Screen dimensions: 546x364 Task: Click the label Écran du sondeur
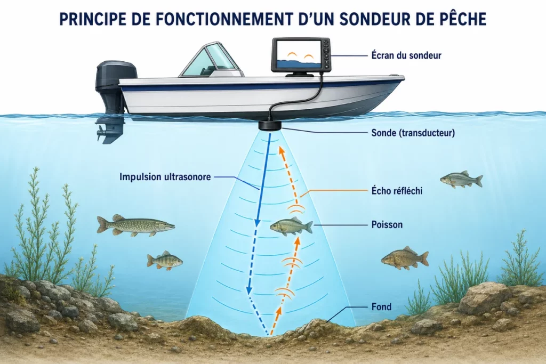click(x=406, y=55)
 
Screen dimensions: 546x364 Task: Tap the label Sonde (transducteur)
click(x=413, y=133)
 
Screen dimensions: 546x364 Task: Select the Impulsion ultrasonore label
click(x=165, y=177)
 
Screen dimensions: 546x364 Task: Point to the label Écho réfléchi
click(x=397, y=191)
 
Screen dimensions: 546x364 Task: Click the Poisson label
click(x=387, y=224)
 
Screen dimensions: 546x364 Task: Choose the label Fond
click(x=381, y=306)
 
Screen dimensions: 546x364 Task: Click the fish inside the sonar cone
click(x=291, y=227)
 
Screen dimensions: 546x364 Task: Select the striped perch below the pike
click(x=164, y=260)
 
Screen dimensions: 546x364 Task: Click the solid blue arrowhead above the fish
click(x=258, y=222)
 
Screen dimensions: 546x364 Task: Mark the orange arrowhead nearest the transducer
click(x=280, y=150)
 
